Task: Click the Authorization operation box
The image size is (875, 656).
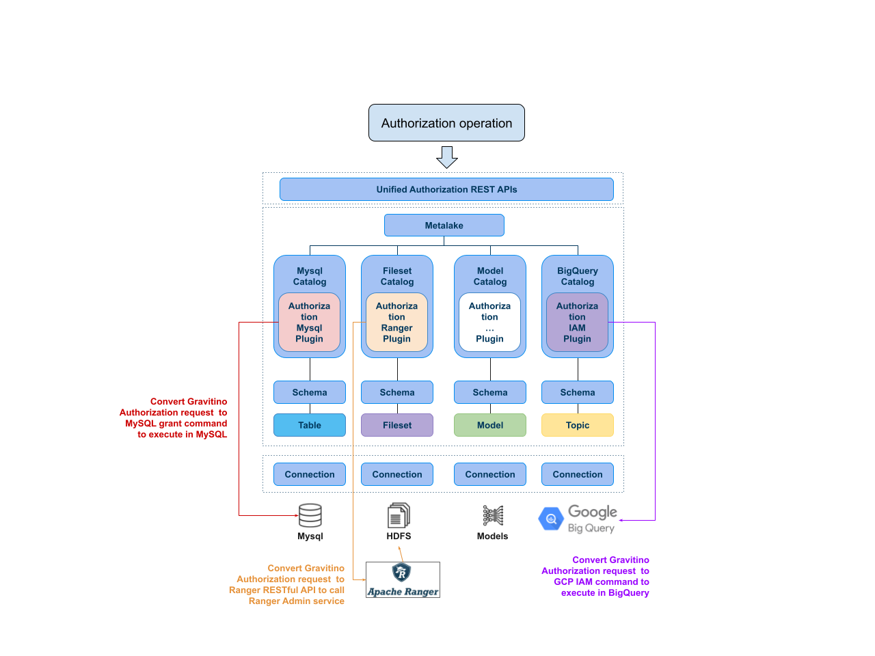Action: [446, 123]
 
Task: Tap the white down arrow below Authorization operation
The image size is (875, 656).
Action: [447, 157]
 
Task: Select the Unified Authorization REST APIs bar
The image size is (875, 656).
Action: [446, 189]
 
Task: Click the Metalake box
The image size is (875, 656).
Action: [444, 225]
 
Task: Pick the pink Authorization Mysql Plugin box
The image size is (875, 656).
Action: [309, 323]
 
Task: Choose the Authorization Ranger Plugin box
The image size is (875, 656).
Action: [396, 323]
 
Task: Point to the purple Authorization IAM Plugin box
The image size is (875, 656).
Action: [577, 323]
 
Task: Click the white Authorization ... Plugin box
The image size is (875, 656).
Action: [489, 323]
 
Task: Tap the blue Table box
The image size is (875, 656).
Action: [310, 425]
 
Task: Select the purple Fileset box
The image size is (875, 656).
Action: [397, 425]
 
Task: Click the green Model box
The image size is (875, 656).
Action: [490, 425]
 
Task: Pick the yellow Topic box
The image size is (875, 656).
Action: [578, 425]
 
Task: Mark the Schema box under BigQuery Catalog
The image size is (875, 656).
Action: [578, 392]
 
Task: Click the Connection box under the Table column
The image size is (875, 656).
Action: [310, 474]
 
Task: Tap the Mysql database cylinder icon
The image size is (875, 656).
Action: [310, 515]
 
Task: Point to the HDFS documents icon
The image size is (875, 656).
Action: [399, 515]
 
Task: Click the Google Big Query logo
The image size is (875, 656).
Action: [578, 520]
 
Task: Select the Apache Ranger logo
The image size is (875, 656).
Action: [403, 579]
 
